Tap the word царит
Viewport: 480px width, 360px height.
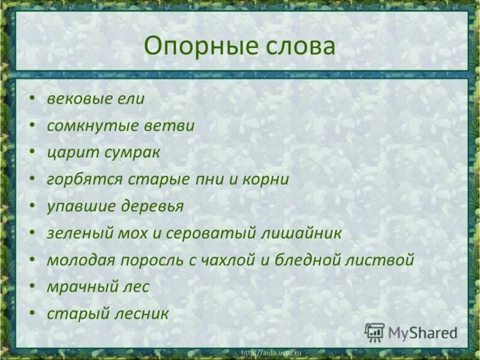coord(68,153)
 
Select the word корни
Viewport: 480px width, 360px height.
coord(265,179)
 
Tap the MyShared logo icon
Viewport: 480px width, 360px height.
coord(374,332)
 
